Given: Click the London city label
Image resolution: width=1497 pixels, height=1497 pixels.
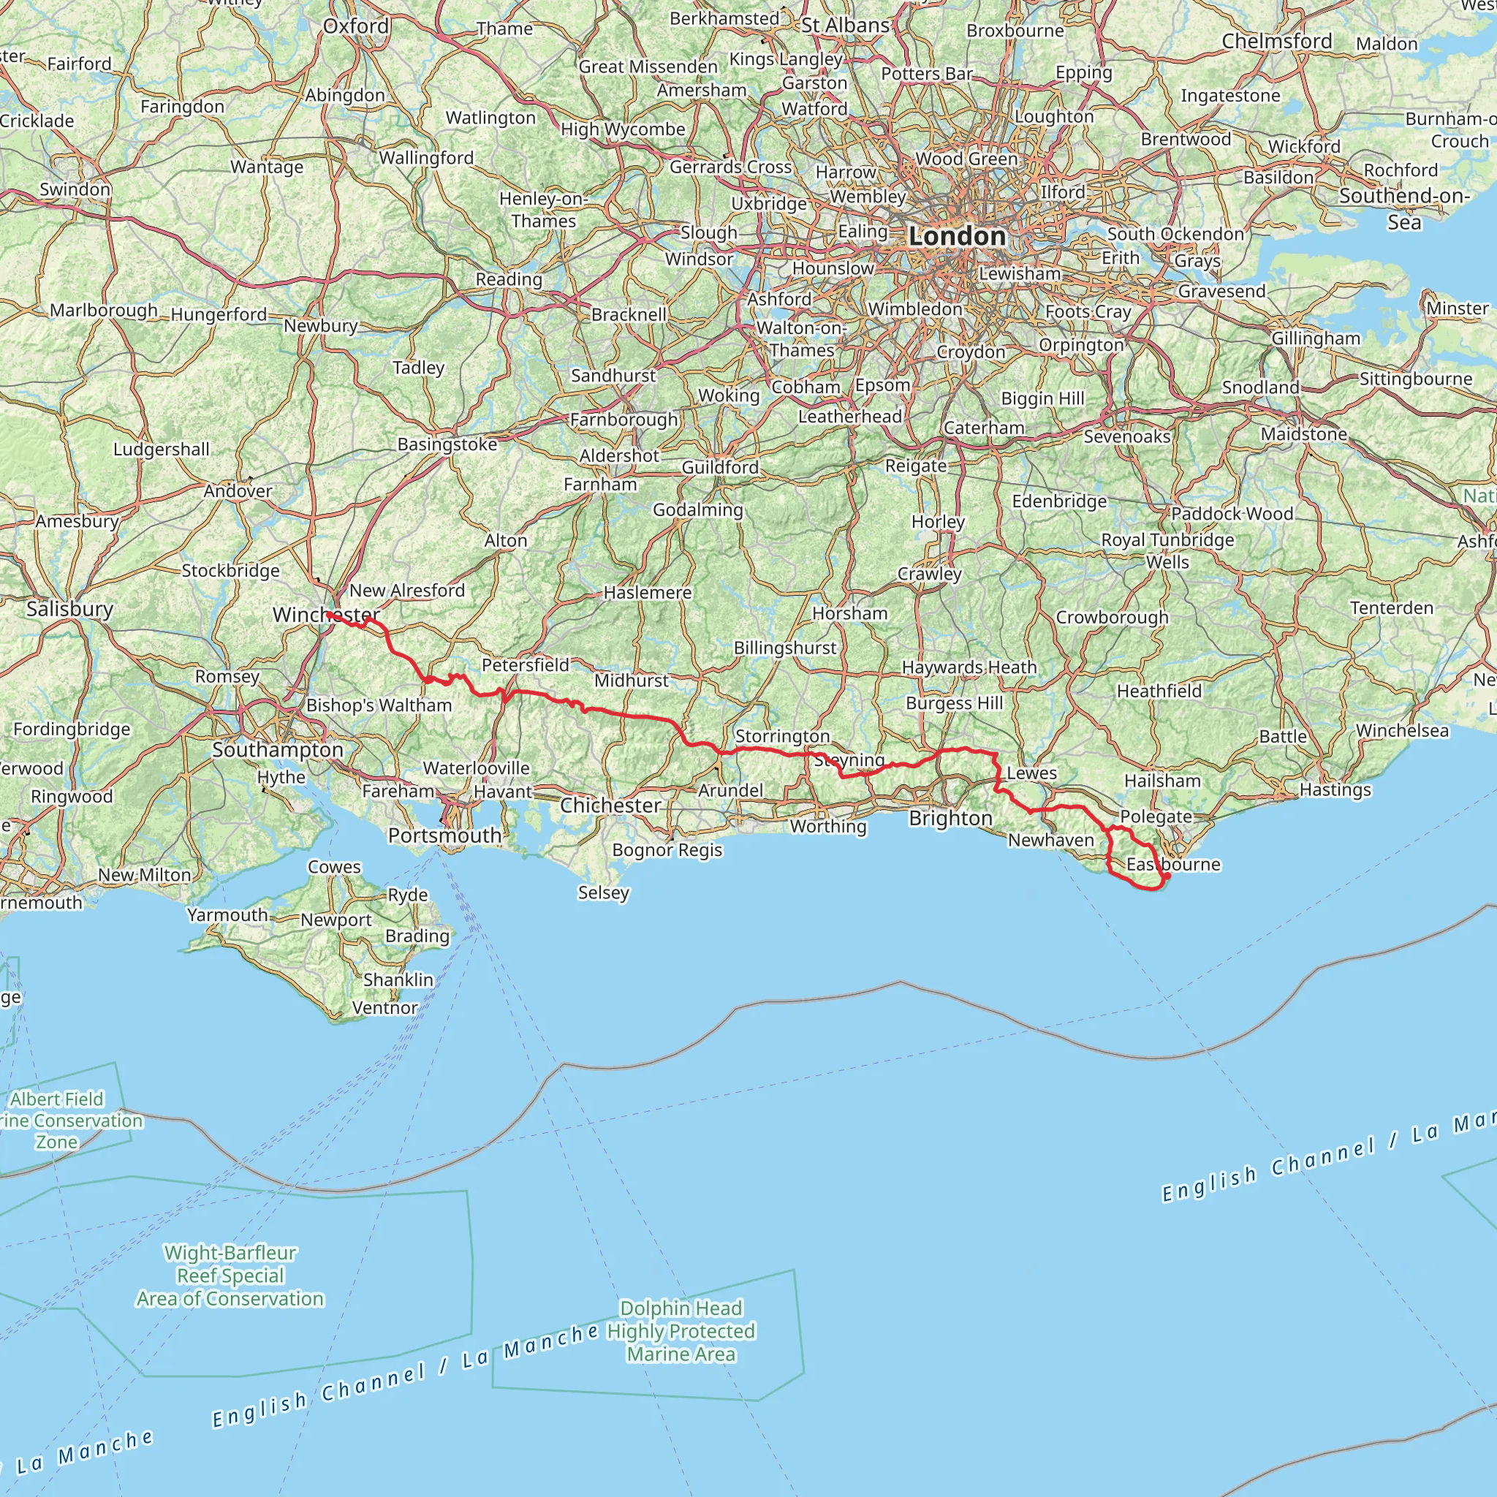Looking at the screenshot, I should point(957,236).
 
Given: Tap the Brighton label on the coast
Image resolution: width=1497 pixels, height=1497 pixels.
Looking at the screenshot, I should point(951,818).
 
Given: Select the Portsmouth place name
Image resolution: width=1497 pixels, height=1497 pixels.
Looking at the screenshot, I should point(444,835).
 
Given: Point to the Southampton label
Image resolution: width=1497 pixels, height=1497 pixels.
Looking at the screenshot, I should point(277,749).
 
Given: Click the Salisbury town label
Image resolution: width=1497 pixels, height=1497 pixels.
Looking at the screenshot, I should point(69,609).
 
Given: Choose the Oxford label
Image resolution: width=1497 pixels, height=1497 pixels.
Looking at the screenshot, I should point(356,26).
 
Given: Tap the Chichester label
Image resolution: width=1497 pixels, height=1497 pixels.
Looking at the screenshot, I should point(610,805).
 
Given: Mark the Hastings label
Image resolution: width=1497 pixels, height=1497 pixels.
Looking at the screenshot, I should point(1335,789).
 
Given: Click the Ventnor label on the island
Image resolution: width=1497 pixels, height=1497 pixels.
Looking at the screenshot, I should point(385,1007).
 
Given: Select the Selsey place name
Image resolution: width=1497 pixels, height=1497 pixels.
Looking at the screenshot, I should point(604,892).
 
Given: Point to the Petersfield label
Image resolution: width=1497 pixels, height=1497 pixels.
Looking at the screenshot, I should point(526,665).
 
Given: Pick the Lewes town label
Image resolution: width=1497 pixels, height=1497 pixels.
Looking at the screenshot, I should point(1031,773).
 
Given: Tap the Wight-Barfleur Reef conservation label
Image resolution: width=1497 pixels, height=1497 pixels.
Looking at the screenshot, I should point(230,1276).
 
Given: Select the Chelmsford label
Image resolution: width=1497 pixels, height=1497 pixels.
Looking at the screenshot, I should point(1277,41).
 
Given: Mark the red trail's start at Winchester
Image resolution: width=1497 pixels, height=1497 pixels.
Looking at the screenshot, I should point(328,614).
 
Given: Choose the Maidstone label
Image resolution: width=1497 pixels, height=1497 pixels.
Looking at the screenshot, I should point(1304,434).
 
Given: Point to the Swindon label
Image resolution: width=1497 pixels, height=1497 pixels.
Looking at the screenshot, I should point(75,189).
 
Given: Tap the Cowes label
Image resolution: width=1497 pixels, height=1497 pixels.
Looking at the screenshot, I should point(335,866).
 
